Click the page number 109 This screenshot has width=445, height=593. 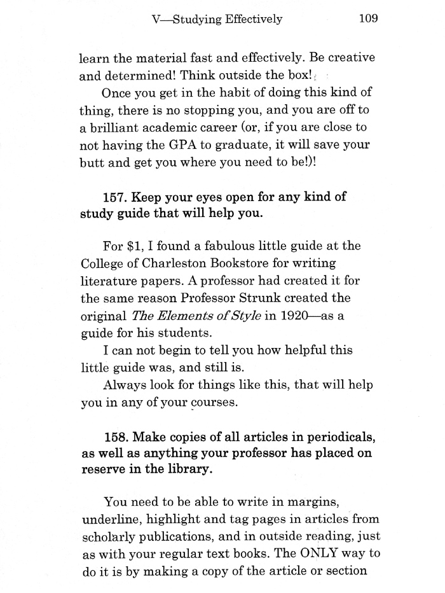(369, 18)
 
